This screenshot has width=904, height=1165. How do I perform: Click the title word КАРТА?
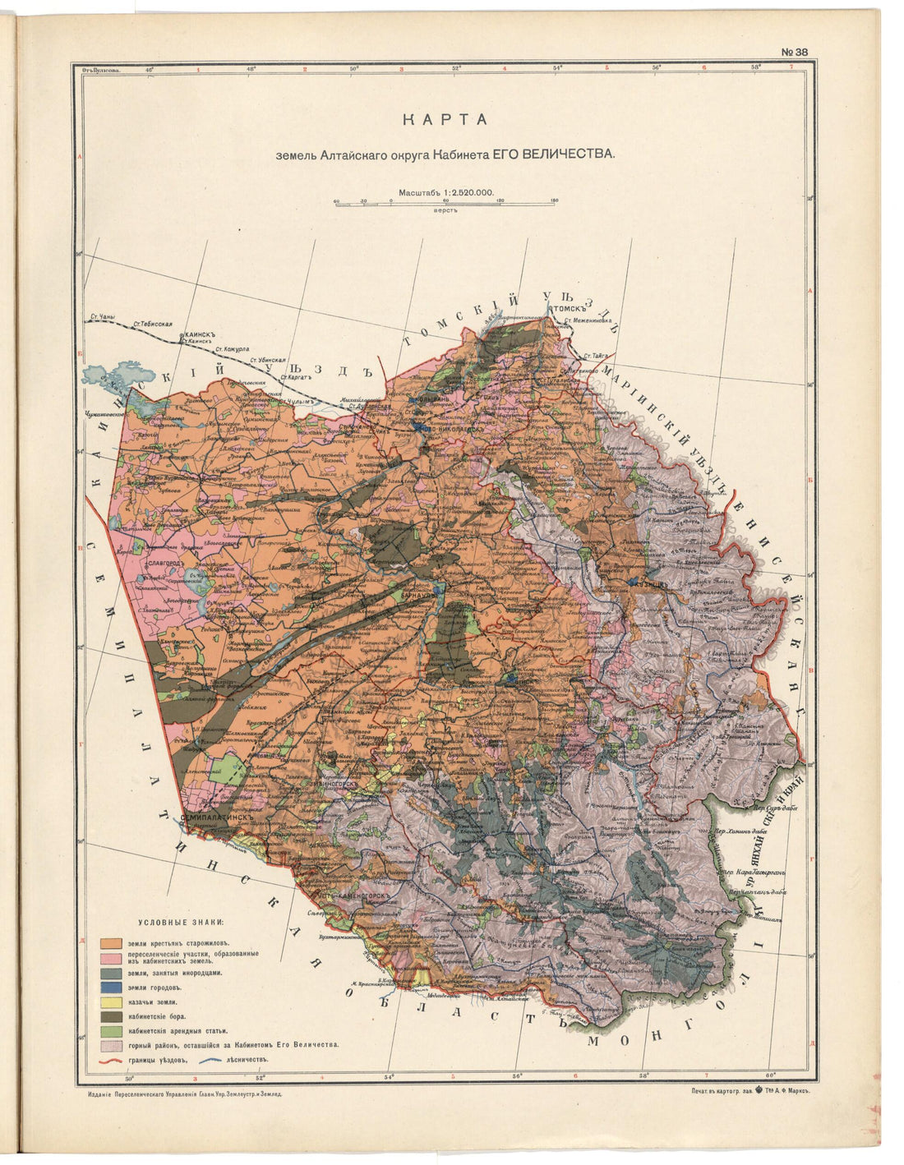(445, 120)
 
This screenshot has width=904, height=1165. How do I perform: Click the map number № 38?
(794, 52)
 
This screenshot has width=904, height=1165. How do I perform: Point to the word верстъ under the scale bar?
(447, 211)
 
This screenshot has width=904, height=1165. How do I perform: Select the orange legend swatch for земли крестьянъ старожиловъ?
(112, 942)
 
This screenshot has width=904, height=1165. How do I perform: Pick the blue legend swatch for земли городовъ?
(112, 987)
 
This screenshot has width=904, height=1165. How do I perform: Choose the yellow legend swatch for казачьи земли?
(112, 1002)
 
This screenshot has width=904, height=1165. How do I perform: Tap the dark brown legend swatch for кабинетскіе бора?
(112, 1016)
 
